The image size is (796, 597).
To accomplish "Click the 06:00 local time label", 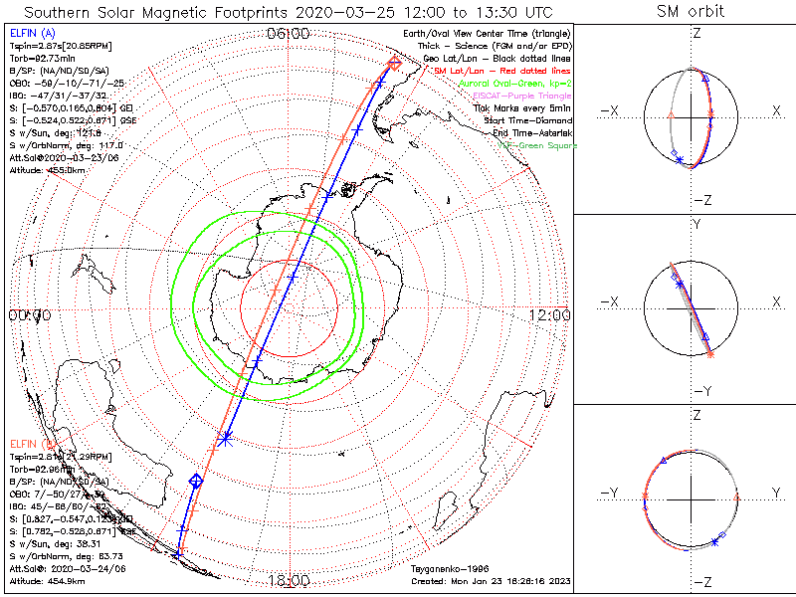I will coord(288,33).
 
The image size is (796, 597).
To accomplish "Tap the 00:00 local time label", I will coord(29,315).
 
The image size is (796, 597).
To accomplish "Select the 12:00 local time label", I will coord(550,315).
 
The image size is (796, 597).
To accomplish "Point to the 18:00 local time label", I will coord(288,580).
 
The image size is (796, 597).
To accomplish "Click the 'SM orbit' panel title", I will coord(691,12).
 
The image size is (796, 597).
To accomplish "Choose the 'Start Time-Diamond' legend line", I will coord(527,121).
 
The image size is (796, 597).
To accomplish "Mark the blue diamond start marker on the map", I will coord(196,481).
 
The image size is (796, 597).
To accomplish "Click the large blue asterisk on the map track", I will coord(227,436).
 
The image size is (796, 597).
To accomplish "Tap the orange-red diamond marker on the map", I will coord(395,63).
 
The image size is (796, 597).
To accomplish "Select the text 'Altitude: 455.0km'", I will coord(50,170).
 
